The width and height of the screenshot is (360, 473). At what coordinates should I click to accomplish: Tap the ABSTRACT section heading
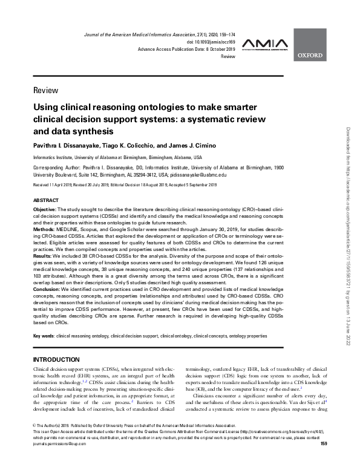click(x=45, y=199)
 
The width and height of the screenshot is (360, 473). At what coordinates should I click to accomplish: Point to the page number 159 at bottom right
click(x=323, y=461)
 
